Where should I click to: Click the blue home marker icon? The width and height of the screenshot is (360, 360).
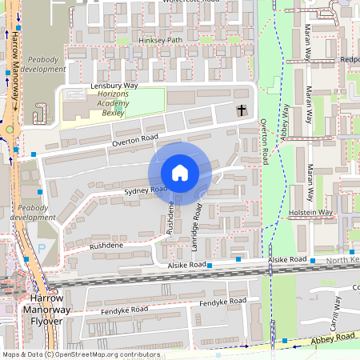pos(180,173)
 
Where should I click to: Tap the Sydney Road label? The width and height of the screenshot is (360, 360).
pos(145,190)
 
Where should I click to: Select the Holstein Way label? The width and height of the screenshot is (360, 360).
pos(311,212)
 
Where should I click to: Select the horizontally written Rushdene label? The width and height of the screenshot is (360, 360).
pos(106,246)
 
